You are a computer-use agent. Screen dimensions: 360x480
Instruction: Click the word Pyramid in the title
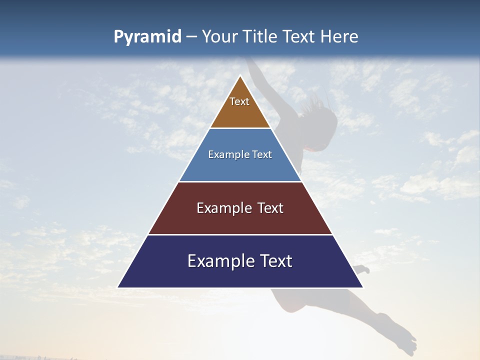point(147,37)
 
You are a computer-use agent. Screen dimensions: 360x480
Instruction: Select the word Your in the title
point(220,36)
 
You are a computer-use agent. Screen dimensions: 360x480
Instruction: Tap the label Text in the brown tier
point(239,101)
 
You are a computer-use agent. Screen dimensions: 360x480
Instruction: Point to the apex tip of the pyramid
point(240,76)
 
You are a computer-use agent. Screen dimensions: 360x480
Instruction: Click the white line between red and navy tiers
point(240,234)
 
